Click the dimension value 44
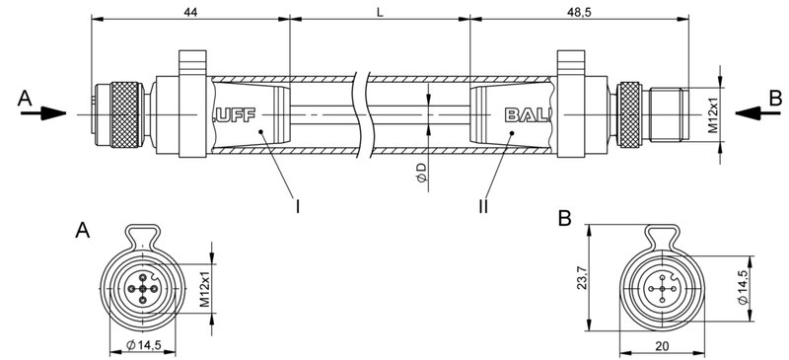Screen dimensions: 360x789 [190, 11]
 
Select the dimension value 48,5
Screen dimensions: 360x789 [578, 11]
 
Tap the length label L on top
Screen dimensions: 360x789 [380, 11]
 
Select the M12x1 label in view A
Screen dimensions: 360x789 [206, 289]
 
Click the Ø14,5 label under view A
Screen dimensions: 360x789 [143, 344]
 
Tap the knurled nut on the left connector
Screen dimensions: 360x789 [124, 113]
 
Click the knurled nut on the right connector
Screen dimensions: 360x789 [628, 113]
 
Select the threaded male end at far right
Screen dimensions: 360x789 [670, 113]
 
